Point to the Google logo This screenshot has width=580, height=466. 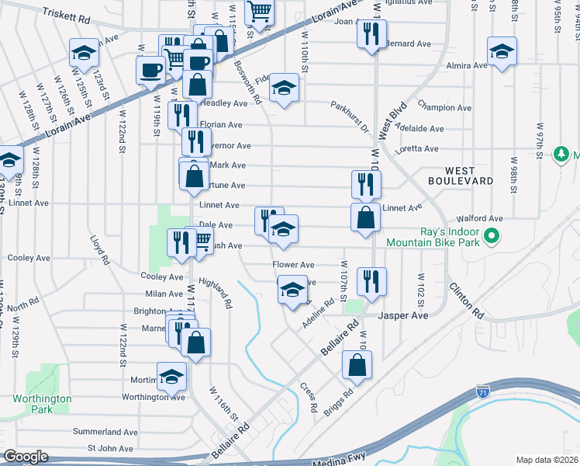pos(26,457)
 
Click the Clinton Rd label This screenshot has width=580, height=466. pos(466,301)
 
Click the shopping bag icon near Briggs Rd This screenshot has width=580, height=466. pos(357,365)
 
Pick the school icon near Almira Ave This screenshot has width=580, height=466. pos(502,51)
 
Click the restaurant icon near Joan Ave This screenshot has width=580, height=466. pos(371,33)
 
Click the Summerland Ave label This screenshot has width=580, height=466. pos(105,432)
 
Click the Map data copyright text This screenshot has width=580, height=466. pos(547,460)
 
